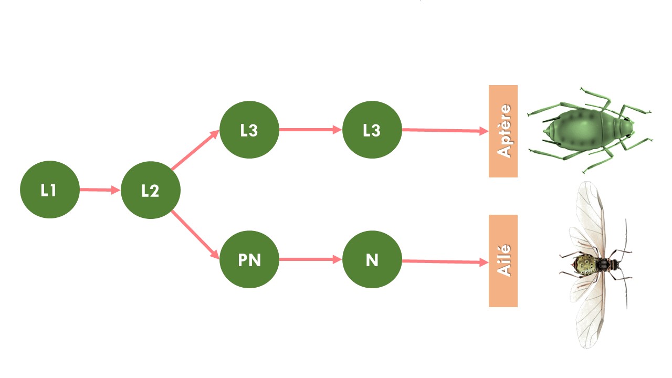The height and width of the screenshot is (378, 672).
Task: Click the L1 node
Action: pos(49,190)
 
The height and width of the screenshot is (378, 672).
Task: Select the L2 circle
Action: pos(151,190)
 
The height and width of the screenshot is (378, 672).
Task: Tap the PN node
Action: pos(249,259)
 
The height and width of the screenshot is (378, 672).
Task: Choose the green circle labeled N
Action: pos(372,259)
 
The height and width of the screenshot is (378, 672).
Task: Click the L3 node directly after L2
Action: pos(249,130)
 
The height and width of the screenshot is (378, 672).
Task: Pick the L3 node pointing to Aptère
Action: pos(372,130)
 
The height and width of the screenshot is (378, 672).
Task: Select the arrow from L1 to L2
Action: pos(100,190)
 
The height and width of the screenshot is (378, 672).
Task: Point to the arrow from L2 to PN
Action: pos(195,235)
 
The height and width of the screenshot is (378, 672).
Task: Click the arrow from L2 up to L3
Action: pos(195,150)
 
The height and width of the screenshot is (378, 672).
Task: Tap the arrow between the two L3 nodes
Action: pos(310,130)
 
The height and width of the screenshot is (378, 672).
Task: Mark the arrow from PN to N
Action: pos(310,259)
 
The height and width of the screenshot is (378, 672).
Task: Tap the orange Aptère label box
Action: pos(503,131)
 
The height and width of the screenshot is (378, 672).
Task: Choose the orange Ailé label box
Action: pos(503,261)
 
